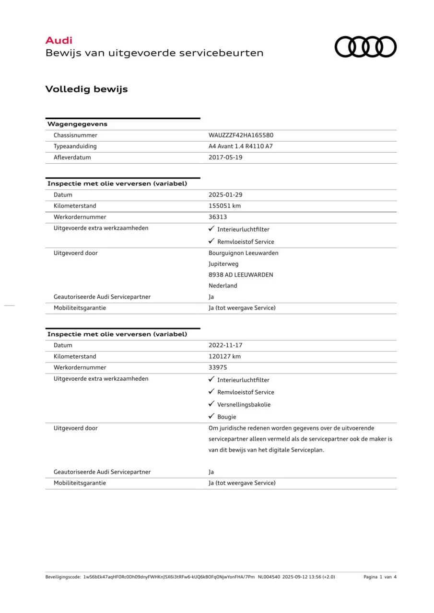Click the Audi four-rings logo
coord(365,47)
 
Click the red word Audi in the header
coord(59,41)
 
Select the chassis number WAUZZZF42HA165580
coord(241,136)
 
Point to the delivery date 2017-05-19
coord(225,158)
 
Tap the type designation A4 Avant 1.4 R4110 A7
coord(240,147)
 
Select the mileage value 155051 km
coord(224,206)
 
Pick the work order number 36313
coord(218,217)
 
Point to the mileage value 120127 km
coord(224,356)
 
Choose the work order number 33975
coord(218,367)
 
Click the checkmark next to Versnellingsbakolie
coord(211,404)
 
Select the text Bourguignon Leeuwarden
coord(243,253)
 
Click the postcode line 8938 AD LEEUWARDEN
coord(241,275)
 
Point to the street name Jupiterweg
coord(223,264)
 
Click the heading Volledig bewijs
coord(86,89)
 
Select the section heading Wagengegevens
coord(77,124)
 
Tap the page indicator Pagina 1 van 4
coord(380,577)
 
